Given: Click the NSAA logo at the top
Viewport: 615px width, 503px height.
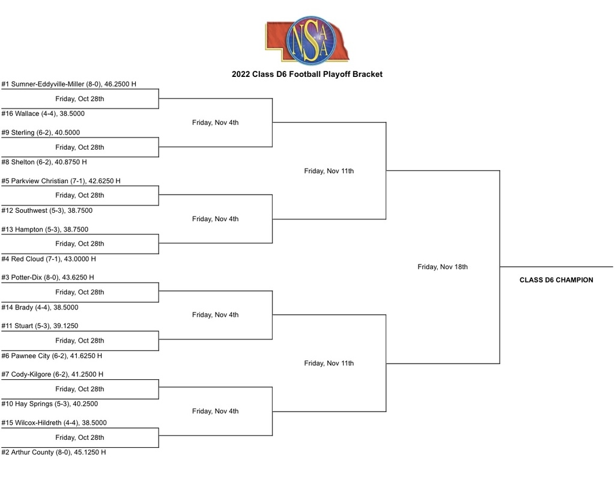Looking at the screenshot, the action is (x=307, y=40).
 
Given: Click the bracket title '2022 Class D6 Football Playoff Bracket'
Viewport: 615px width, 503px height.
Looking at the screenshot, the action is (x=307, y=74).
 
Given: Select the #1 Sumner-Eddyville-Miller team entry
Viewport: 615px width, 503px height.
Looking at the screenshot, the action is (x=69, y=84).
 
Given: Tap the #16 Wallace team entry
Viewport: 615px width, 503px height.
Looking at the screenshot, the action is (x=43, y=114).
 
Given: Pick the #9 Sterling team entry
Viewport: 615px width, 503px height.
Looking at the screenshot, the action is (x=41, y=133).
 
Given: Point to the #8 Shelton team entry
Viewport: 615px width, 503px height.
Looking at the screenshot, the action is (x=44, y=162).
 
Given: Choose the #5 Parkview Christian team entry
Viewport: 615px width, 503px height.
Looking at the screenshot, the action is (x=61, y=181).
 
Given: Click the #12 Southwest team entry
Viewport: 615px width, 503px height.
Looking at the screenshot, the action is (x=47, y=211).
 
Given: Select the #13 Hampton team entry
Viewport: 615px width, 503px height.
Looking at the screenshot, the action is (x=45, y=230).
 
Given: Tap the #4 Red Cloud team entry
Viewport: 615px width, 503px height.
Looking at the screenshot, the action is (x=49, y=259).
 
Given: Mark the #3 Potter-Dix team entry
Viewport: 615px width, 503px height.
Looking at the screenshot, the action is (x=48, y=278).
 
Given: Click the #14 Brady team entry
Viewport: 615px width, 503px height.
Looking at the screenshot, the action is (x=40, y=308).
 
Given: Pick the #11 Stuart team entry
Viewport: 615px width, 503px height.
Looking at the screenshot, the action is (x=40, y=326).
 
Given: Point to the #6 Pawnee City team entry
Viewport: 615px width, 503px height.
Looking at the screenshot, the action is (x=52, y=356).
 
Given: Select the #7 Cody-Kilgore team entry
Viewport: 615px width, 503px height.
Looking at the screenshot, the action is (x=53, y=374).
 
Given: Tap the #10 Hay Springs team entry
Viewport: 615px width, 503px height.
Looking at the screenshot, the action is (x=50, y=404).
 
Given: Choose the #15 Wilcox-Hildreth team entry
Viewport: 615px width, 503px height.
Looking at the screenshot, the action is (x=54, y=423).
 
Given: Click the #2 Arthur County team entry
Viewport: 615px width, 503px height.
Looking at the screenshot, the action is (x=53, y=453).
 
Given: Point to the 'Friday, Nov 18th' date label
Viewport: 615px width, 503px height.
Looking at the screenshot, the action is (x=443, y=267).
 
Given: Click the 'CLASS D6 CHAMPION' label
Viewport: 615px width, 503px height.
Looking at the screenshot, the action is (x=557, y=280).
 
